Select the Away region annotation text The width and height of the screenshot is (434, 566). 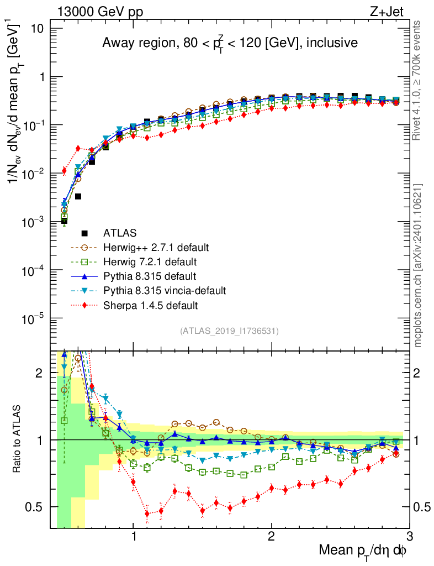coord(230,43)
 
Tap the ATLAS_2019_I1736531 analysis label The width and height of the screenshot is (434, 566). coord(229,331)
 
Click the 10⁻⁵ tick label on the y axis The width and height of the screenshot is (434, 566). coord(36,319)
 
